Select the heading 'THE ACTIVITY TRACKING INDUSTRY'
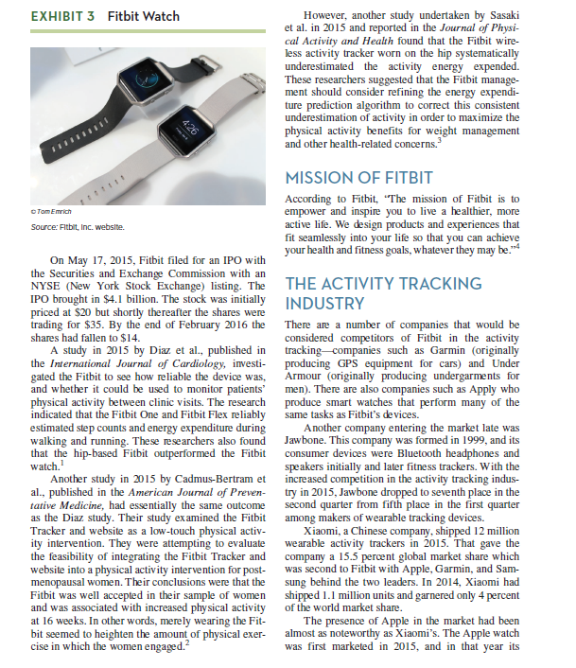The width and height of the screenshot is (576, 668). point(383,293)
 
